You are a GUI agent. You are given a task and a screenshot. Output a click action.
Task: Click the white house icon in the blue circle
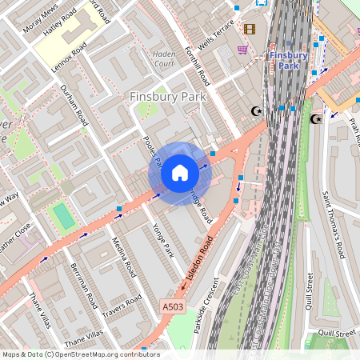coord(180,173)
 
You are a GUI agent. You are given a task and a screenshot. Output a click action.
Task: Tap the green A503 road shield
coord(172,307)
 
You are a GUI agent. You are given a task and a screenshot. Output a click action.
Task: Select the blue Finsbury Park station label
coord(288,61)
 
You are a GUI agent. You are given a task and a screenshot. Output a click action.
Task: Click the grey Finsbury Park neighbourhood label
coord(167,97)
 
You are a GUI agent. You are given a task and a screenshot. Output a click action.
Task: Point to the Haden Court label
coord(163,59)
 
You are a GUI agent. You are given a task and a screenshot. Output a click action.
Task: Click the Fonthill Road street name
coord(199,67)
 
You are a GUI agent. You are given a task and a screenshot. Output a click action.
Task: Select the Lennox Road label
coord(69,57)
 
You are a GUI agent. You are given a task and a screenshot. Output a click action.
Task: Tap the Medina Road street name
coord(123,257)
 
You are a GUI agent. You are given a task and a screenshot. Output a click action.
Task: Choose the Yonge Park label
coord(162,239)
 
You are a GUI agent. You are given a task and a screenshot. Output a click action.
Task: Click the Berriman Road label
coord(83,286)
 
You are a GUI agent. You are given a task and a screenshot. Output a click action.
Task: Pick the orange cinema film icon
coord(250,30)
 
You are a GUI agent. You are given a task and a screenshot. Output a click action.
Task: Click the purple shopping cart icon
coord(242,49)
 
